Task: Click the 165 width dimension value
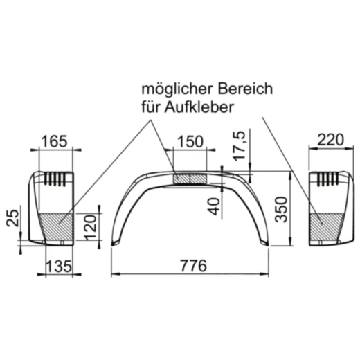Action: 55,141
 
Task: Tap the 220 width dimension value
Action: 330,140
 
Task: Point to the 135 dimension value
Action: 57,266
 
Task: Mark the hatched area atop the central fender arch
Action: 190,179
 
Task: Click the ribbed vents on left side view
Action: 57,179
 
